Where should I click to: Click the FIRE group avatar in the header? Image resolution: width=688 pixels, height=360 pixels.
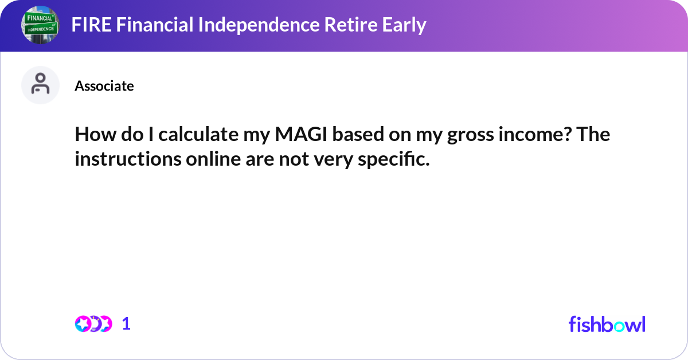click(40, 25)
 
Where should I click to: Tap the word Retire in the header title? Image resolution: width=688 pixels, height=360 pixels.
click(325, 25)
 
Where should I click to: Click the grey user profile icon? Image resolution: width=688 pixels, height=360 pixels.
click(40, 85)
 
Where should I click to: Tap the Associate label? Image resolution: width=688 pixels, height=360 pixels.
click(104, 86)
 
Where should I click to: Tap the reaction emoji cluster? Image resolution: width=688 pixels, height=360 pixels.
click(93, 324)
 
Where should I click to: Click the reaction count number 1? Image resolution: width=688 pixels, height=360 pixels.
click(126, 324)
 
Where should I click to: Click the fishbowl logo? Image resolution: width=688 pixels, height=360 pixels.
click(607, 324)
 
